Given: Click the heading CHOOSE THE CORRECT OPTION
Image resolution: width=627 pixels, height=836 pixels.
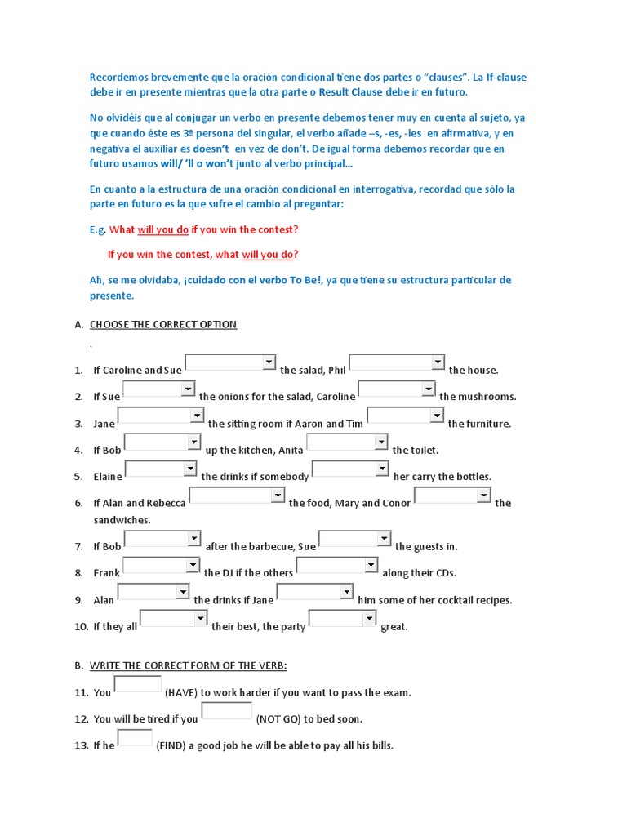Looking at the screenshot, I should (x=162, y=324).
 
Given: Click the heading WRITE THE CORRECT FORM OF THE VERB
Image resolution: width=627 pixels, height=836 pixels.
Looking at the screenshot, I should (x=188, y=665).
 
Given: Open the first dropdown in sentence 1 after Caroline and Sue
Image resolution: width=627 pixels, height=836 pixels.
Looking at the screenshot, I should (x=231, y=362).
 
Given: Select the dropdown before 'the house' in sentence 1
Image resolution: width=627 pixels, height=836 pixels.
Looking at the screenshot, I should (x=397, y=362).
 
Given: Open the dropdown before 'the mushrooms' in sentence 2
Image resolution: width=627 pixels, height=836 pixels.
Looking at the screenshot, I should (x=397, y=389).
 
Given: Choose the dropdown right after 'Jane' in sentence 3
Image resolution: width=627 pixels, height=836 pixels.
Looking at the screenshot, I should (x=161, y=416).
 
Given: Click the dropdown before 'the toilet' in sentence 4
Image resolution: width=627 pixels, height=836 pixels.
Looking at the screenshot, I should (x=347, y=442).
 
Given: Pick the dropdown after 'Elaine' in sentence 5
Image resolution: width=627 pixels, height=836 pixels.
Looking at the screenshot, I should (x=161, y=469).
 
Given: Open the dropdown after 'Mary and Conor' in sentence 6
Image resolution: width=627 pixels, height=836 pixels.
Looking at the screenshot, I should (x=452, y=496).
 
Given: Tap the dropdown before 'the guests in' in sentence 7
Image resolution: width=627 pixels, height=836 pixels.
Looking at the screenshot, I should (x=354, y=539).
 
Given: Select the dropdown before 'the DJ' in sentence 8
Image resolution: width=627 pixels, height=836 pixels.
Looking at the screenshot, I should (x=161, y=566).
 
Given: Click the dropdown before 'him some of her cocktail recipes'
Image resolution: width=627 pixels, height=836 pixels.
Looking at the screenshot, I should (x=313, y=592).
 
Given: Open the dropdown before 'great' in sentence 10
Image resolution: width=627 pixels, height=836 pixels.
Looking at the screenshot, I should (x=343, y=619).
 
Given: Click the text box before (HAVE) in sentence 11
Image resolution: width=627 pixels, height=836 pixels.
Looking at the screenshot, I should (x=138, y=685).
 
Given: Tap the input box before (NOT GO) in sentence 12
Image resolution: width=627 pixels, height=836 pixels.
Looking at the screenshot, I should (x=226, y=711).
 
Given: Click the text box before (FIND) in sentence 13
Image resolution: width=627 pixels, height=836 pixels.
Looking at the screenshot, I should (x=135, y=738).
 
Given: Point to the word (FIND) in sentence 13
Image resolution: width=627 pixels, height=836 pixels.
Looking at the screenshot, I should (x=171, y=745).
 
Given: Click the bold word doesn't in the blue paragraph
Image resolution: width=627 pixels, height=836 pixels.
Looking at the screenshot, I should (x=211, y=149).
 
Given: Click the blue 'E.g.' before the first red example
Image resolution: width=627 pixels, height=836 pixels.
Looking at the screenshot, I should (x=97, y=229).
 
